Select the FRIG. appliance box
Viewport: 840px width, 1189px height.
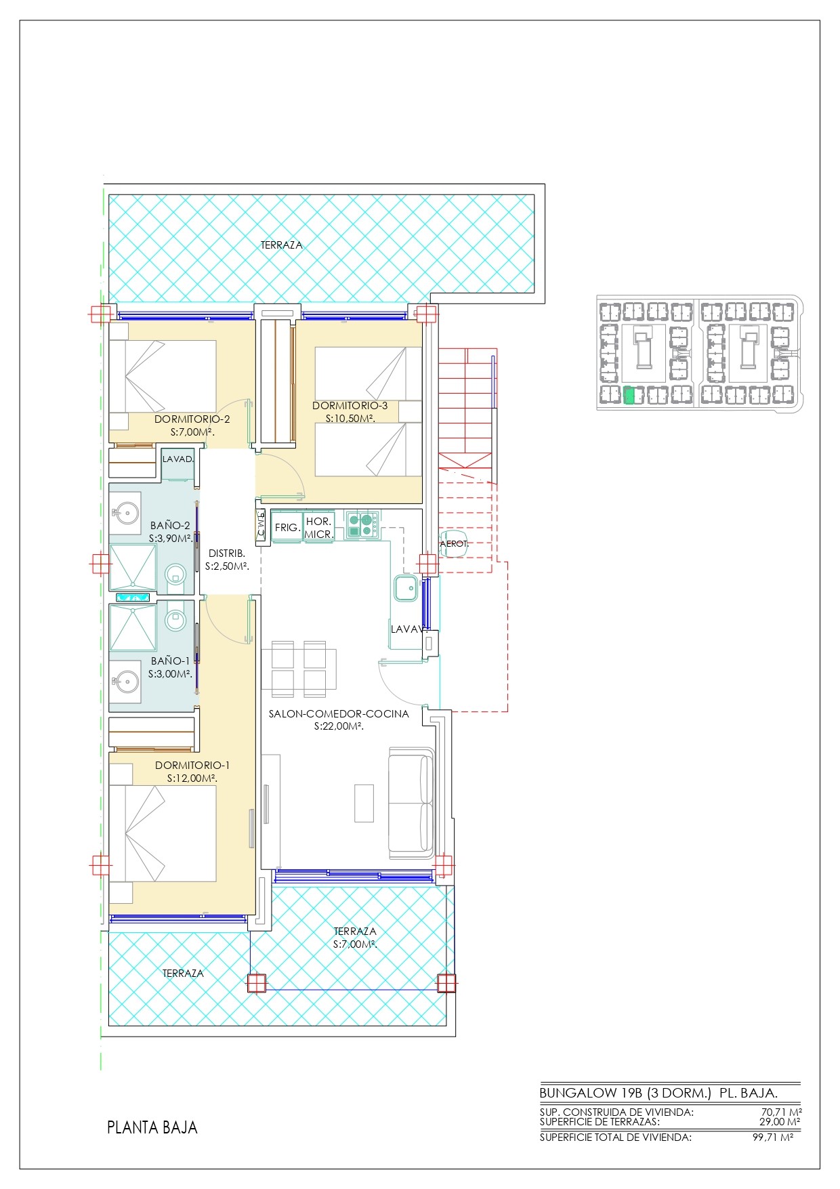click(287, 527)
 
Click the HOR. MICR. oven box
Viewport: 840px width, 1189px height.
click(319, 527)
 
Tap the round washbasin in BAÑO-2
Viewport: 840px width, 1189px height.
click(125, 513)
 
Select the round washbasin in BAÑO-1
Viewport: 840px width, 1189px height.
click(125, 679)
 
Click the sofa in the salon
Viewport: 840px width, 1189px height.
click(411, 803)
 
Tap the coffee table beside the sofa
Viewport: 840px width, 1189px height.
click(364, 803)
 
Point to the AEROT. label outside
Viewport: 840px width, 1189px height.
click(454, 543)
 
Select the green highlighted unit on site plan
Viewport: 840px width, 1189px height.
click(629, 395)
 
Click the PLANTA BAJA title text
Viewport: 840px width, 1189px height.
click(152, 1127)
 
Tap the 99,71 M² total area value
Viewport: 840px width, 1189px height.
click(773, 1138)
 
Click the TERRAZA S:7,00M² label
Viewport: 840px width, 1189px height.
click(355, 938)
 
